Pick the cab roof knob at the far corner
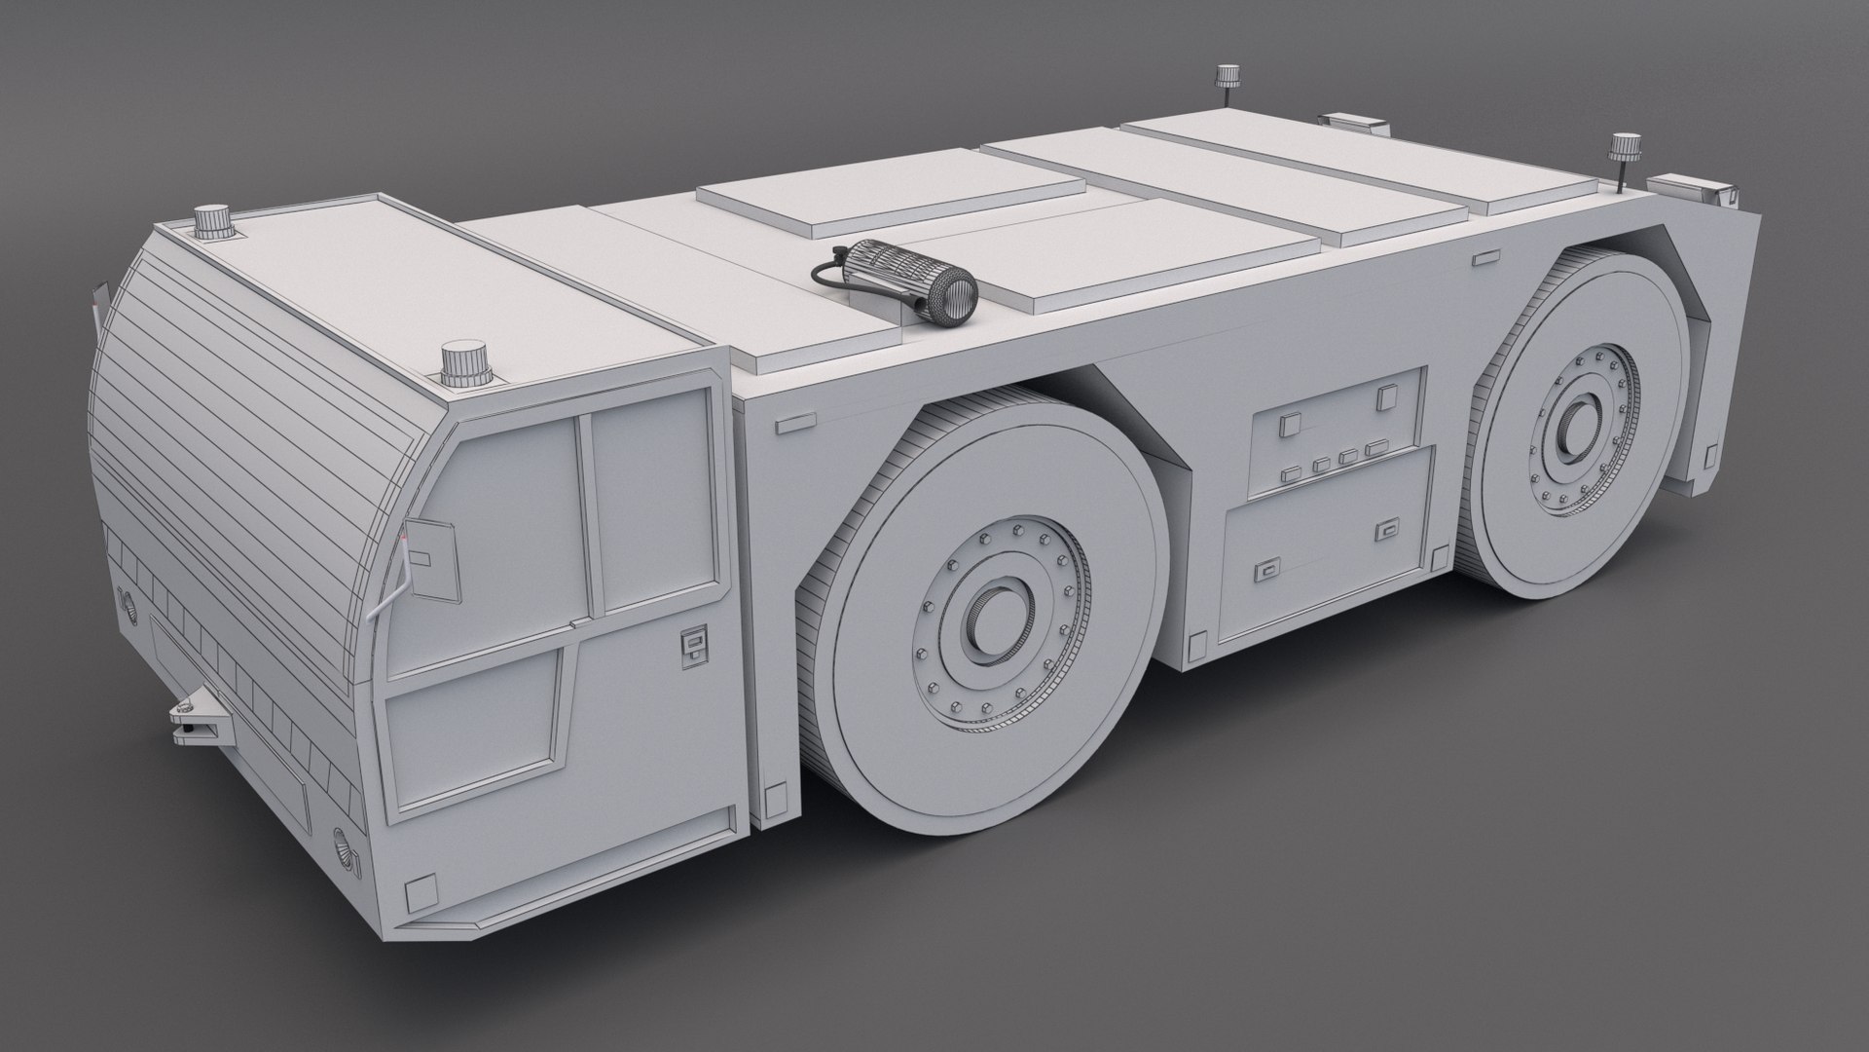(210, 223)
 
